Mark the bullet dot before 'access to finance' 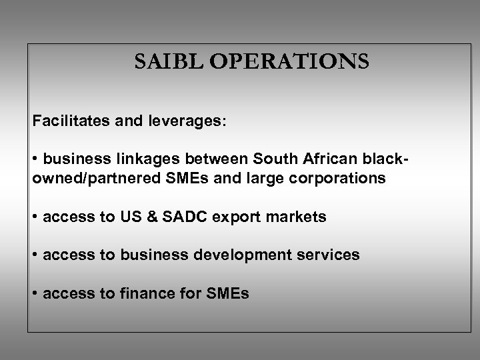point(35,293)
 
